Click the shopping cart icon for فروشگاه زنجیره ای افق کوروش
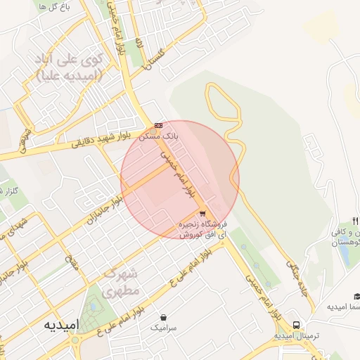[x=202, y=213]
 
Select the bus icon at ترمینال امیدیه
[x=296, y=325]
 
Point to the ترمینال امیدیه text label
[x=295, y=335]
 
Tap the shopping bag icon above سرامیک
[x=164, y=318]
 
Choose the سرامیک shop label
[x=164, y=328]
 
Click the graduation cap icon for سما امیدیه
[x=356, y=296]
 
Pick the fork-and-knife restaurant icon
[x=355, y=221]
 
